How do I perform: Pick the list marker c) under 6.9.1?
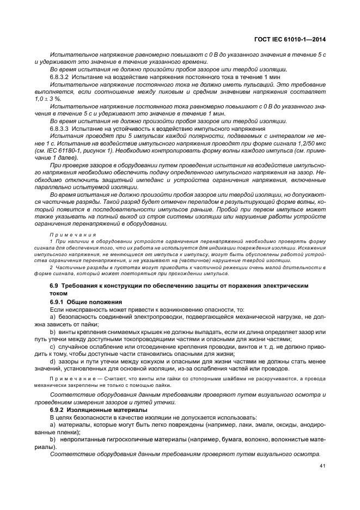pyautogui.click(x=53, y=346)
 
